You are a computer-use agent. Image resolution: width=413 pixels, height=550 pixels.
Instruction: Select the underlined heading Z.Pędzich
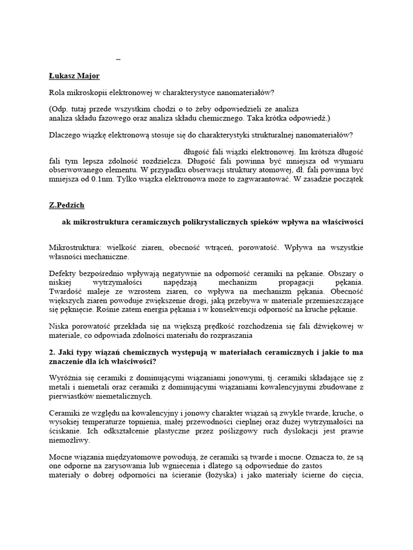67,205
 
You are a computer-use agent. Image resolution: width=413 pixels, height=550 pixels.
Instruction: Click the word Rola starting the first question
57,93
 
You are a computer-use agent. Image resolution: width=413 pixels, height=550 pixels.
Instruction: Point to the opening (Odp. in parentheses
59,109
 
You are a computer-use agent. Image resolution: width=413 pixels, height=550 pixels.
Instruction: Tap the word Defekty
63,273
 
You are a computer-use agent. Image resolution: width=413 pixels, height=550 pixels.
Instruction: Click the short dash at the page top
118,59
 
